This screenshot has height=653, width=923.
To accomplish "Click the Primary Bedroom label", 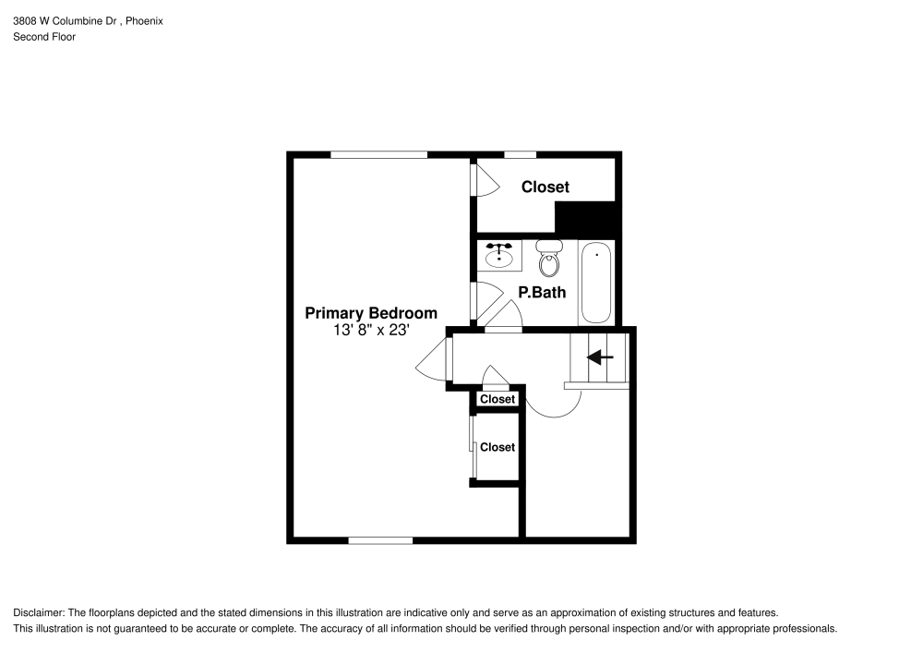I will [371, 313].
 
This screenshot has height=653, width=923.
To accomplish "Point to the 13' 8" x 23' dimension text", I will [371, 330].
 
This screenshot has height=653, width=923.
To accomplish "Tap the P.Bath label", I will [542, 293].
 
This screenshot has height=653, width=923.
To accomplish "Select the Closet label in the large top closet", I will [545, 187].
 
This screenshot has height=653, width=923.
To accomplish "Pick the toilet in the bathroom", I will [549, 259].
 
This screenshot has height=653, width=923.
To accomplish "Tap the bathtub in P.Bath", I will [596, 282].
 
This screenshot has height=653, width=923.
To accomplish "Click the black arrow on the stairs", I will [600, 357].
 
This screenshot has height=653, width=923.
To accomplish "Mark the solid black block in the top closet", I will [584, 218].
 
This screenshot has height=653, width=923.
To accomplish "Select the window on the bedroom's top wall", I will [378, 154].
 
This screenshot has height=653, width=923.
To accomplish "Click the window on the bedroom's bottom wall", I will [380, 539].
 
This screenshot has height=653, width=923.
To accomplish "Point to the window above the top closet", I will [520, 154].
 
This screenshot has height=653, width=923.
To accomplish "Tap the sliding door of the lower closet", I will [472, 447].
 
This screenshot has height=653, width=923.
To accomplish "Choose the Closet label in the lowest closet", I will [497, 447].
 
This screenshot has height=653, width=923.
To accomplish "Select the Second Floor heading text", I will [44, 37].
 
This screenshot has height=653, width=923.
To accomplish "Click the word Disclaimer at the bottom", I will [38, 613].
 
